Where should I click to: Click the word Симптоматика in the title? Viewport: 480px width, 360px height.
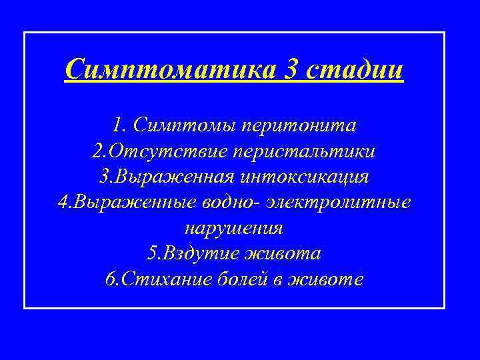171,69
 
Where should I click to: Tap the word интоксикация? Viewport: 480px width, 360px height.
311,177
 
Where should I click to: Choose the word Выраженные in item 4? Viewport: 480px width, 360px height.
126,203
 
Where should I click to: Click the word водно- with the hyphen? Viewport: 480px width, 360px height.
233,203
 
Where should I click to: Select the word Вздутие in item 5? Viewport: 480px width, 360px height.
200,254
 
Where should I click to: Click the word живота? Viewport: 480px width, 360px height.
285,254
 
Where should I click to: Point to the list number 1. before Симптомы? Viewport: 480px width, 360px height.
120,125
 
